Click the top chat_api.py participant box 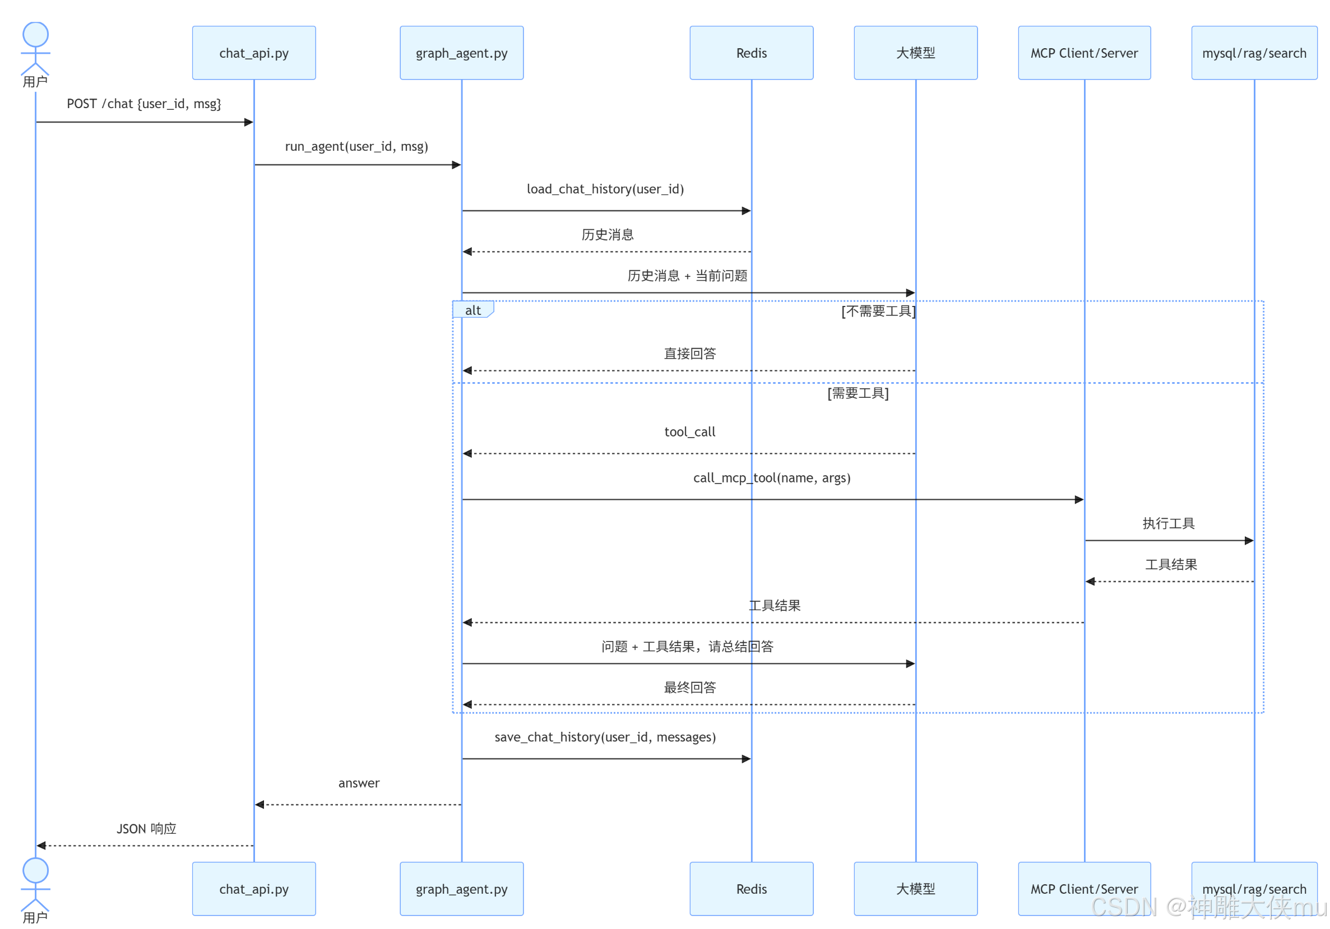(254, 53)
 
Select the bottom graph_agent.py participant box (462, 889)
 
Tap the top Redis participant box (751, 53)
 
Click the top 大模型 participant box (916, 53)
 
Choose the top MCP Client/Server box (1085, 53)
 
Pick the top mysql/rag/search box (1254, 53)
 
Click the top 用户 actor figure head (35, 34)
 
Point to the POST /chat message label (143, 104)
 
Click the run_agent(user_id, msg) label (357, 147)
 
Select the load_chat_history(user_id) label (605, 189)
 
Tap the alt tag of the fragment (473, 310)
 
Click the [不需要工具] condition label (878, 312)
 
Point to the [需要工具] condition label (858, 393)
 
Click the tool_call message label (690, 432)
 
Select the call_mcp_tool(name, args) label (772, 478)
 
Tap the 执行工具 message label (1169, 523)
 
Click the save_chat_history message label (605, 737)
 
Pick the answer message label (359, 784)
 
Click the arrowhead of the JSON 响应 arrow (41, 846)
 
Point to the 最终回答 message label (690, 688)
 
